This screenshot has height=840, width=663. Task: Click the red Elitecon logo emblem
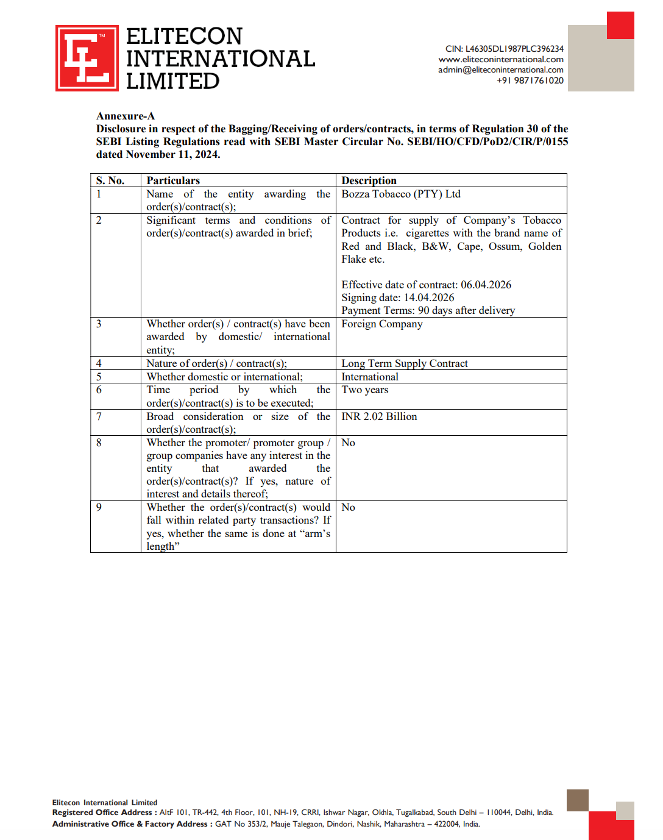point(87,59)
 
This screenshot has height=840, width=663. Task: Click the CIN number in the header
point(504,49)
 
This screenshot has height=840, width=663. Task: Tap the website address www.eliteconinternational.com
point(500,60)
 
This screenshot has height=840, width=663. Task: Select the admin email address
point(500,70)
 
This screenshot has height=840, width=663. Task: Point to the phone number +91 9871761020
point(530,80)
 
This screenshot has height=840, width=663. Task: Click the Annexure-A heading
point(126,116)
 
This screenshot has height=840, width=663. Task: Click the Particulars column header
point(173,180)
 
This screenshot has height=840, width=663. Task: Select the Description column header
point(369,180)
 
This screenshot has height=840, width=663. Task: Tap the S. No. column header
point(110,180)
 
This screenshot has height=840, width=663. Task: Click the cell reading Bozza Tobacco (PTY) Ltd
point(400,194)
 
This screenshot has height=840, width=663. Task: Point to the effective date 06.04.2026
point(486,285)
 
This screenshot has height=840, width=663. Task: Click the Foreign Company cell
point(381,324)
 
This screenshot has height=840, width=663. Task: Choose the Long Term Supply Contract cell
point(404,363)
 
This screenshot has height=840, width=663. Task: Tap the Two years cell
point(364,390)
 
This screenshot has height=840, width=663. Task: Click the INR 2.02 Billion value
point(379,416)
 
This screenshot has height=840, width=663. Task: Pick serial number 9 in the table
point(99,507)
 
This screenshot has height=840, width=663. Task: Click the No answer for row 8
point(348,443)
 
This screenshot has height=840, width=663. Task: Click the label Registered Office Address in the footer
point(102,813)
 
